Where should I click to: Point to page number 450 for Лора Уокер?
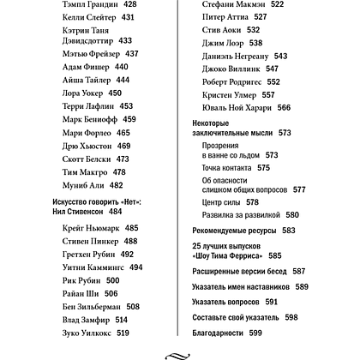115,93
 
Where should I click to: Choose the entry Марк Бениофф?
90,119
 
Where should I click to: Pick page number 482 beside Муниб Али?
117,185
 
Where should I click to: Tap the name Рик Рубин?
82,280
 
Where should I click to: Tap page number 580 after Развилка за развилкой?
292,214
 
